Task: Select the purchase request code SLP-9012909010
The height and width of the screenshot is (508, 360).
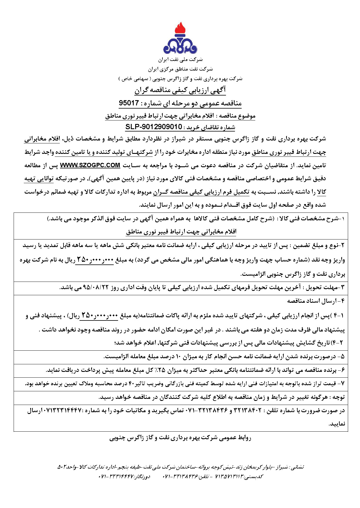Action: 154,127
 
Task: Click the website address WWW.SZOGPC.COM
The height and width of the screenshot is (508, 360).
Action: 90,165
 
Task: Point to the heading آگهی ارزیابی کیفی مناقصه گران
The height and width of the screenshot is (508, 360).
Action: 180,90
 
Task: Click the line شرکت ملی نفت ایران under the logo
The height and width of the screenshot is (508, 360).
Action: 180,60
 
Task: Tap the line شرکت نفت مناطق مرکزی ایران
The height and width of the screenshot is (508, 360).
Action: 180,69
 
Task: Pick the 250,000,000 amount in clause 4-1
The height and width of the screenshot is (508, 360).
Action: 99,316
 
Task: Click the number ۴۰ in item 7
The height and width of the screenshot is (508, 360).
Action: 131,384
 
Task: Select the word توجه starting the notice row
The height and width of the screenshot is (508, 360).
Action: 338,397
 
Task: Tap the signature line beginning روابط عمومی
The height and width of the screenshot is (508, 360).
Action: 180,438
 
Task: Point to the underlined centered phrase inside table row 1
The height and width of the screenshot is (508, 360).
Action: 181,232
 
